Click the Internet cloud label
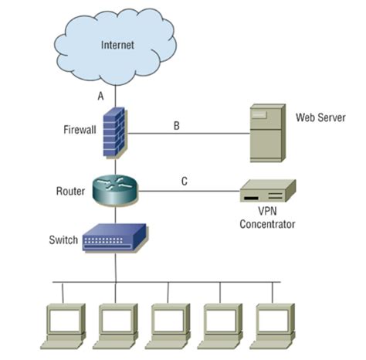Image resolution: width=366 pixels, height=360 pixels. [x=117, y=45]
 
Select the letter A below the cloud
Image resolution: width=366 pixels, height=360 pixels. [x=100, y=96]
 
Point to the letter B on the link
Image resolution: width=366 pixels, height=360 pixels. [x=177, y=125]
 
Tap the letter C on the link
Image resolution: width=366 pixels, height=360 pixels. [x=184, y=182]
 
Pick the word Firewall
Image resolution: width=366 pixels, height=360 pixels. [x=80, y=130]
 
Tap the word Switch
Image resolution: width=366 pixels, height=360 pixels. [x=63, y=240]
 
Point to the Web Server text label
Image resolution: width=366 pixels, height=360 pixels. [x=320, y=118]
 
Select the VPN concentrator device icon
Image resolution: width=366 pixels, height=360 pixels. [x=266, y=192]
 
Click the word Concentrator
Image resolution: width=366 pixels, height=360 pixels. [x=267, y=225]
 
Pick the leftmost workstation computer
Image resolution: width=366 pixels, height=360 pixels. [x=63, y=324]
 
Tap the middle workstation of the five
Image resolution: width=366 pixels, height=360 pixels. [x=168, y=324]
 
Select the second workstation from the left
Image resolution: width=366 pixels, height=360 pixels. [x=115, y=324]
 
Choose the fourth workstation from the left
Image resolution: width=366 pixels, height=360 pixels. [x=220, y=324]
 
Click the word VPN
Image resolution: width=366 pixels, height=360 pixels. [x=266, y=212]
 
